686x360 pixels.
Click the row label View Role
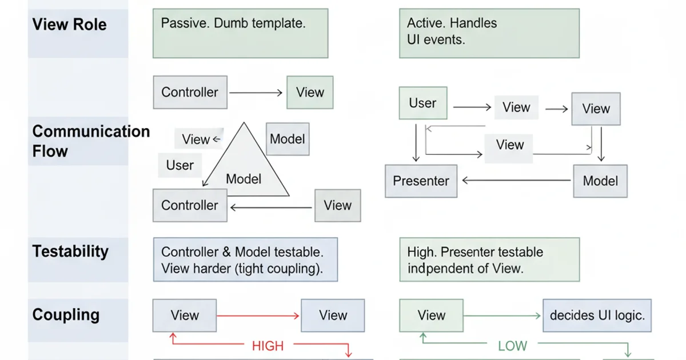(x=69, y=25)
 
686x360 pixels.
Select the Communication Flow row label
(x=90, y=141)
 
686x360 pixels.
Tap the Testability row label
(x=70, y=251)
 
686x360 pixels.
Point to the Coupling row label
(x=66, y=315)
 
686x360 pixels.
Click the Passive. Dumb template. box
(x=240, y=33)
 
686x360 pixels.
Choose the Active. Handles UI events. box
(x=489, y=33)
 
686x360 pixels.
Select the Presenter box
(x=421, y=181)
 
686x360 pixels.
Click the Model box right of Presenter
(x=600, y=181)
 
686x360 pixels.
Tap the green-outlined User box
(x=422, y=103)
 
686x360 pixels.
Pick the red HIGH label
(x=268, y=346)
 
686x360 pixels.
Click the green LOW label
(x=512, y=346)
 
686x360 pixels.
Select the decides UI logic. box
(x=597, y=315)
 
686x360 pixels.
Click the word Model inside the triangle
(x=244, y=179)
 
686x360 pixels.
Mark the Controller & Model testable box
(x=245, y=260)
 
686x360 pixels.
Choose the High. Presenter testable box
(x=489, y=260)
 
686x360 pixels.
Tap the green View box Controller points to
(x=310, y=93)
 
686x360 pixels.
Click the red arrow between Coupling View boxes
(x=258, y=315)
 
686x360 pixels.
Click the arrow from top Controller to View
(x=256, y=93)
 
